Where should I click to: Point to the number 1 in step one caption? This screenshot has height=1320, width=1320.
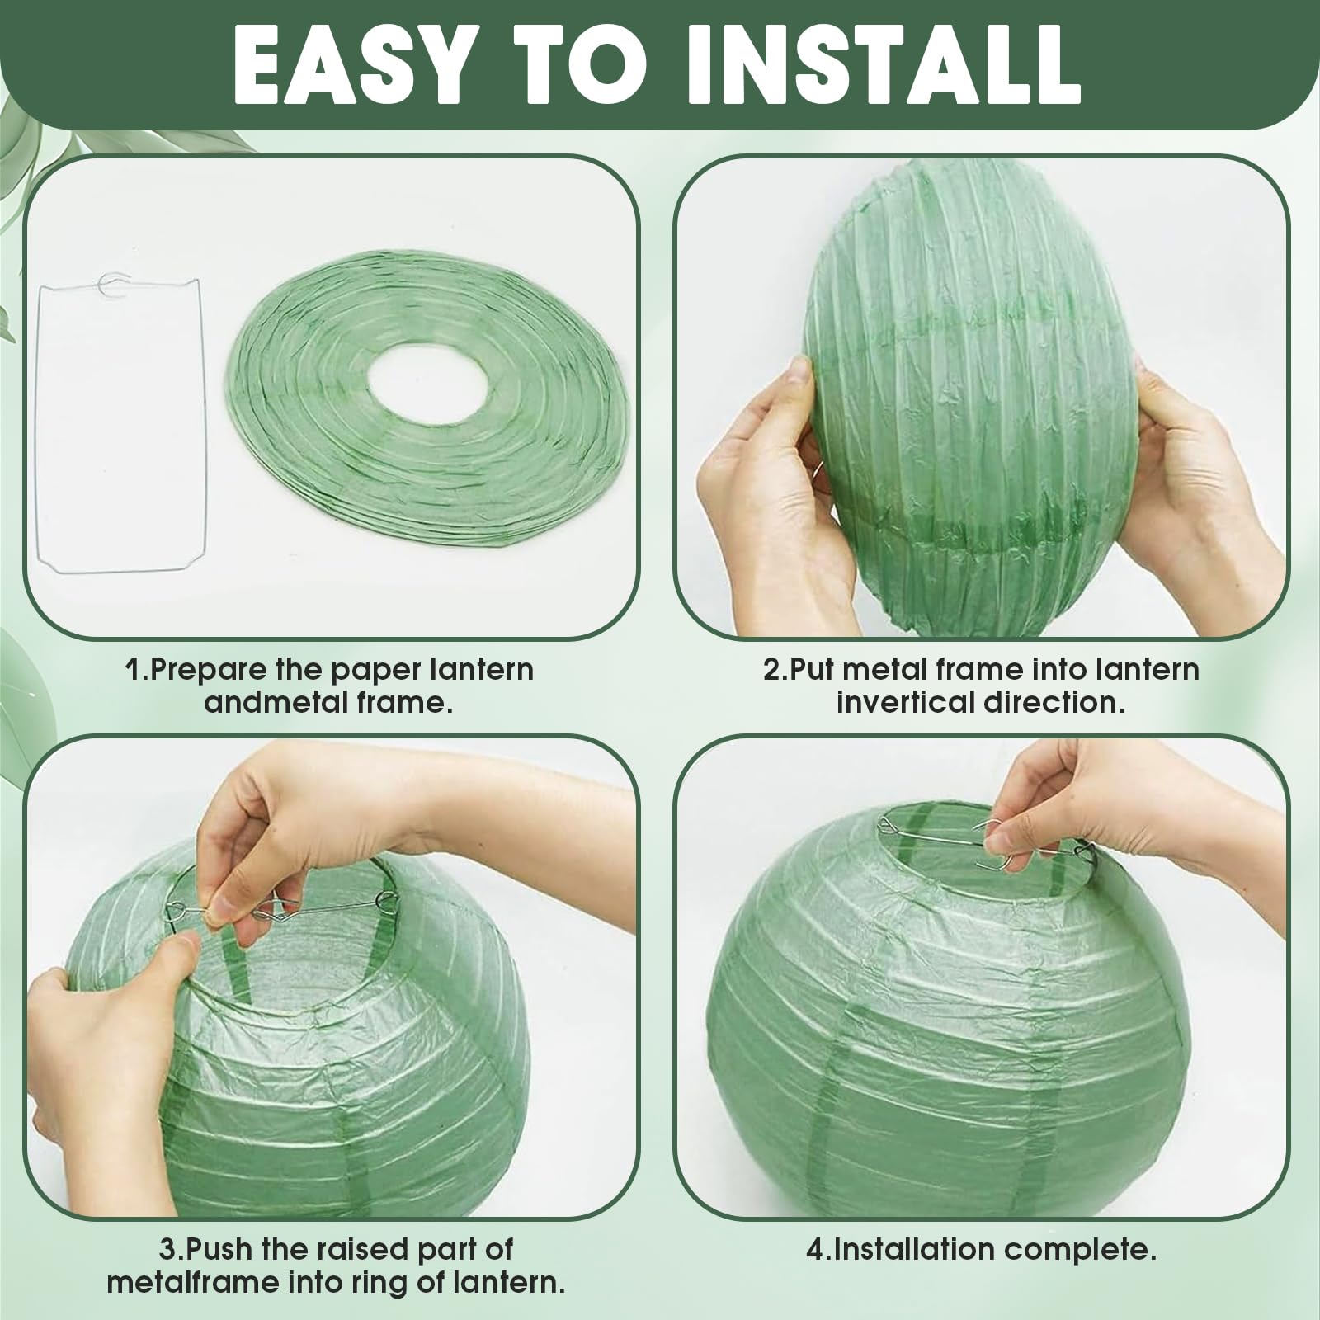click(132, 669)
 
